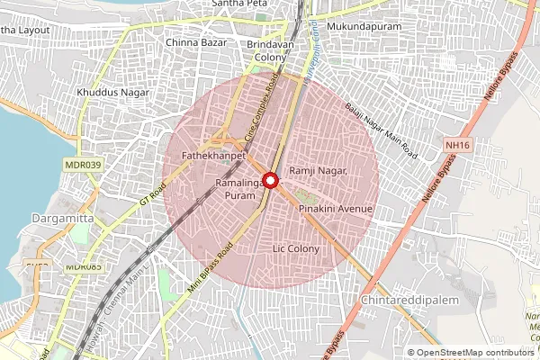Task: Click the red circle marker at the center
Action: (x=269, y=180)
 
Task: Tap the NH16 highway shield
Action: (x=457, y=144)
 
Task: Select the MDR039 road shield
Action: (x=83, y=165)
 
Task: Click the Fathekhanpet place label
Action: (x=208, y=156)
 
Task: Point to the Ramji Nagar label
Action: (x=318, y=171)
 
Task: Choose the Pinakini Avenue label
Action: (x=335, y=209)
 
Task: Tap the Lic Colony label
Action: (x=295, y=248)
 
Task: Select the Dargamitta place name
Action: (x=32, y=218)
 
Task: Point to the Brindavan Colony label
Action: (x=269, y=49)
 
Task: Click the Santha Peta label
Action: (x=238, y=4)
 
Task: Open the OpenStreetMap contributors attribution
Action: (x=474, y=353)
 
